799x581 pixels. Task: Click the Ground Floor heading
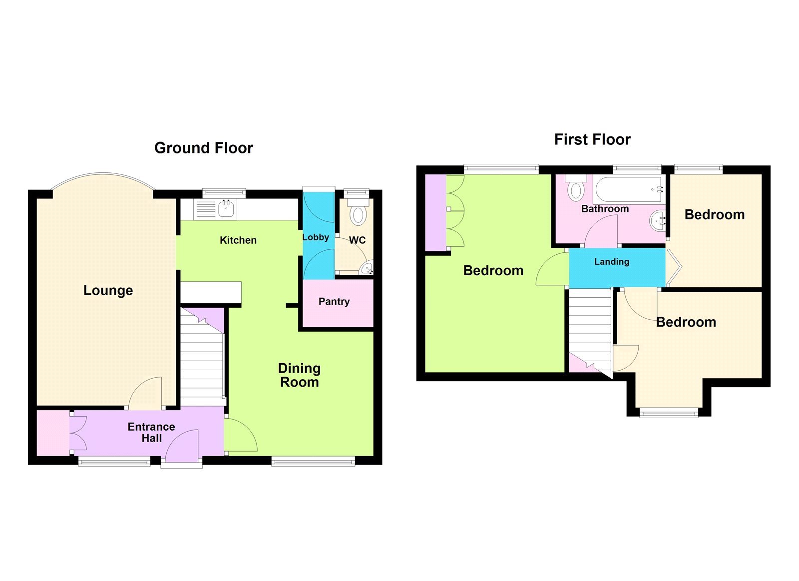(x=203, y=148)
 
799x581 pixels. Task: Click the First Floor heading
(x=592, y=139)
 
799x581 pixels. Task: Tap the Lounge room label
(x=108, y=290)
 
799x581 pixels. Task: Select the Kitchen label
(x=238, y=240)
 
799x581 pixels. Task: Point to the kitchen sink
(x=226, y=209)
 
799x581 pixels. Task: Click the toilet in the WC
(x=358, y=213)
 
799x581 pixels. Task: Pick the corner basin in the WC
(x=367, y=269)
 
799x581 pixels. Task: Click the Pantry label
(x=334, y=301)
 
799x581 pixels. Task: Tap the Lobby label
(x=316, y=237)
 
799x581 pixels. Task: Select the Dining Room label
(x=299, y=375)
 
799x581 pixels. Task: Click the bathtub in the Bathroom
(x=629, y=189)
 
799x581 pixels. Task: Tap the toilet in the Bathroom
(x=576, y=188)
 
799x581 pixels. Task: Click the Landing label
(x=612, y=262)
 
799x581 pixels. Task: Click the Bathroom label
(x=605, y=209)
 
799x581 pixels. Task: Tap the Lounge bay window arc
(x=103, y=174)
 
